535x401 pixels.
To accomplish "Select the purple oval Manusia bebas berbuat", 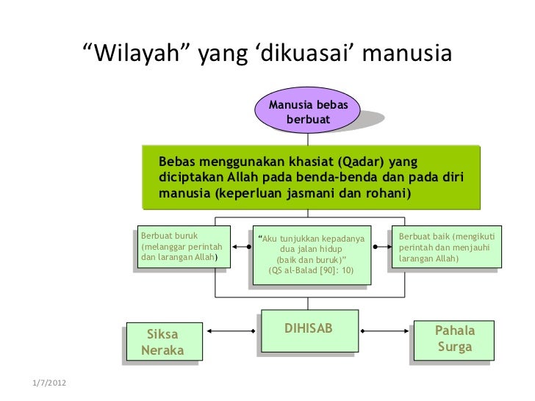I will pyautogui.click(x=308, y=112).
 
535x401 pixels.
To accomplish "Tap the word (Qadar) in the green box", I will pyautogui.click(x=361, y=162).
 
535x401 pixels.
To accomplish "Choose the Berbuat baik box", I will pyautogui.click(x=445, y=248).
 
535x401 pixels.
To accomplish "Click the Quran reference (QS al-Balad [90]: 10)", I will pyautogui.click(x=311, y=270).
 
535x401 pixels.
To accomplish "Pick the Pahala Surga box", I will pyautogui.click(x=454, y=339).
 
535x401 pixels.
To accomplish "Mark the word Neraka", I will pyautogui.click(x=162, y=351).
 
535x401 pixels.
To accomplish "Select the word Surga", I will pyautogui.click(x=454, y=347).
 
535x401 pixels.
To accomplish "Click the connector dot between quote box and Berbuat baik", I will pyautogui.click(x=376, y=248).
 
